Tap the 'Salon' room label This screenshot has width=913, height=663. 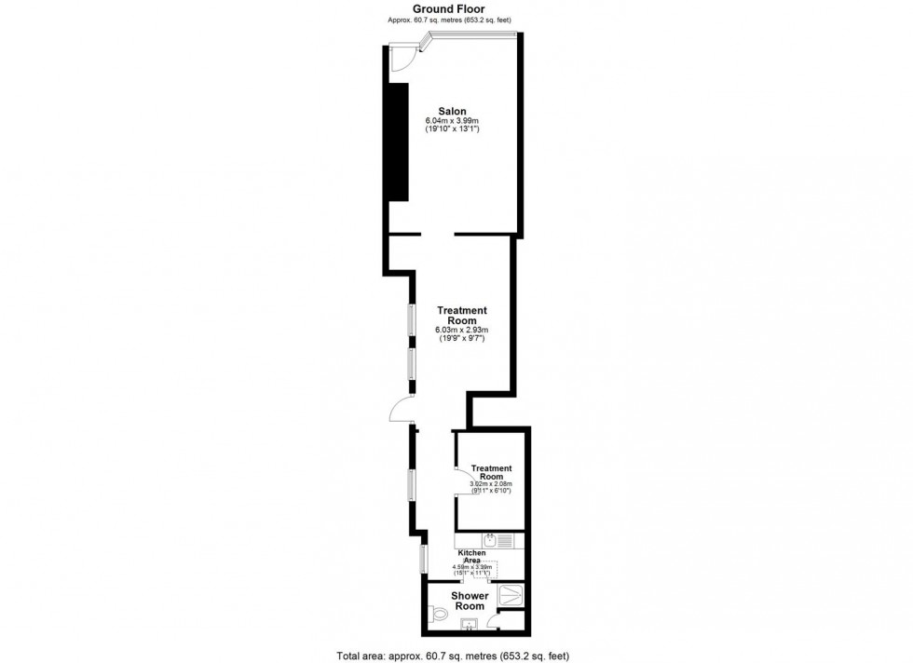coord(453,112)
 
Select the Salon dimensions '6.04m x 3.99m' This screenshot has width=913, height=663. coord(453,122)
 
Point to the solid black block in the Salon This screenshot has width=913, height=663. coord(398,142)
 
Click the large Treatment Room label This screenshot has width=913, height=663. coord(462,316)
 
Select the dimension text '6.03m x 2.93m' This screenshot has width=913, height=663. coord(462,331)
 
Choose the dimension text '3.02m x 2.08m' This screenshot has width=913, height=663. coord(491,484)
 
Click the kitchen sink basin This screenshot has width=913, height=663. coord(488,539)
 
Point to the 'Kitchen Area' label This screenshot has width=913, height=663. coord(472,557)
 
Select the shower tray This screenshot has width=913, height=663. coord(511,595)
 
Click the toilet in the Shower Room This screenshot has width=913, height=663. coord(439,615)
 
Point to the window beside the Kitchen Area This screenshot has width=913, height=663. coord(423,559)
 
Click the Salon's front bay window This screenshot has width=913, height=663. coord(470,36)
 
